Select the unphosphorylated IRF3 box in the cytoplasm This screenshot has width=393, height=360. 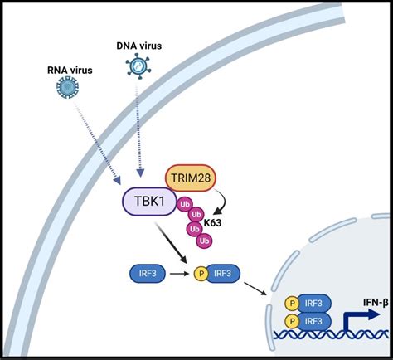[x=145, y=271]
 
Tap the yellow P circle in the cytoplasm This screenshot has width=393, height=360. [x=199, y=271]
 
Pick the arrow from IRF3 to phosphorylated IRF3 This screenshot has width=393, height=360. [x=177, y=271]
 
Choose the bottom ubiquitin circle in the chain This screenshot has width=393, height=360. [x=202, y=240]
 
